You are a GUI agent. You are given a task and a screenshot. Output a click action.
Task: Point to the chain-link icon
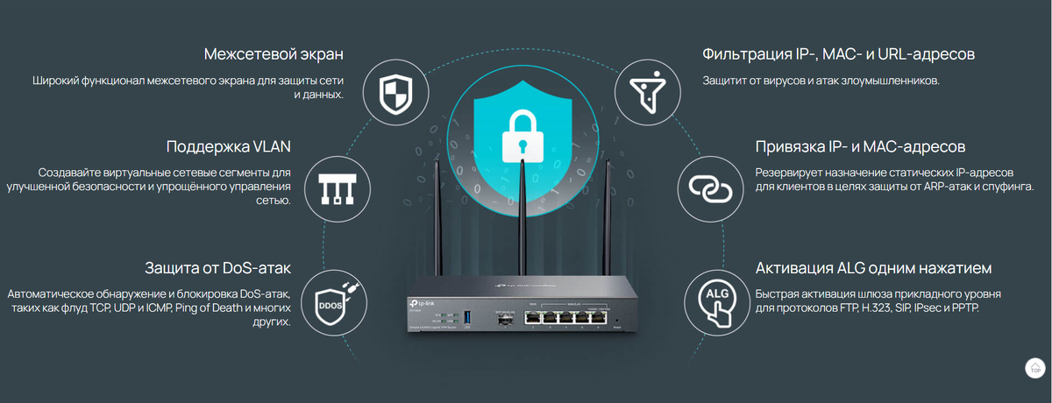(x=710, y=188)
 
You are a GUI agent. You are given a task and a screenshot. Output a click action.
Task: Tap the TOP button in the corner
(x=1034, y=367)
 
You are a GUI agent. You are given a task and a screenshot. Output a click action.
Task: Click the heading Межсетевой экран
(x=273, y=54)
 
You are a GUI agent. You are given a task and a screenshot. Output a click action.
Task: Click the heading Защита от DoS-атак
(x=217, y=267)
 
